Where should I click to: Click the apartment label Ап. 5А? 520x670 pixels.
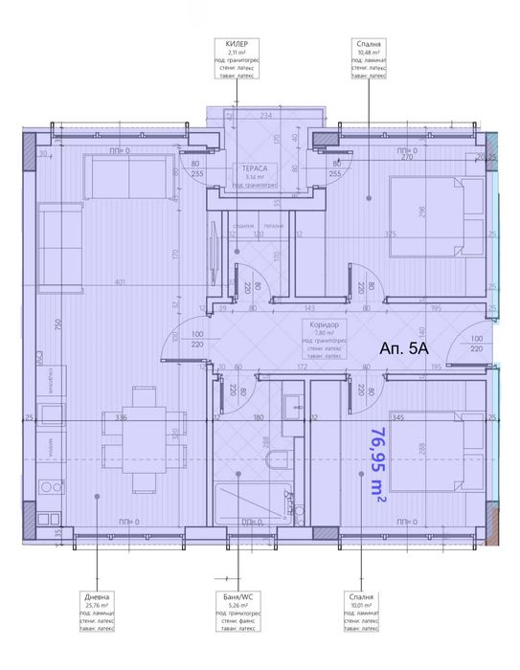(404, 349)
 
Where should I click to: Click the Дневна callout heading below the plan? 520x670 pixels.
(96, 596)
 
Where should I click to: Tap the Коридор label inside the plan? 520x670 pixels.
(321, 324)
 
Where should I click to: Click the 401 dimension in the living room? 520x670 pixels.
(118, 283)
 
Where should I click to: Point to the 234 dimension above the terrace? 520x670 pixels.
(265, 116)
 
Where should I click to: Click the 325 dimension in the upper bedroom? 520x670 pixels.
(390, 234)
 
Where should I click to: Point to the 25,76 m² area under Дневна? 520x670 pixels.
(96, 605)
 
